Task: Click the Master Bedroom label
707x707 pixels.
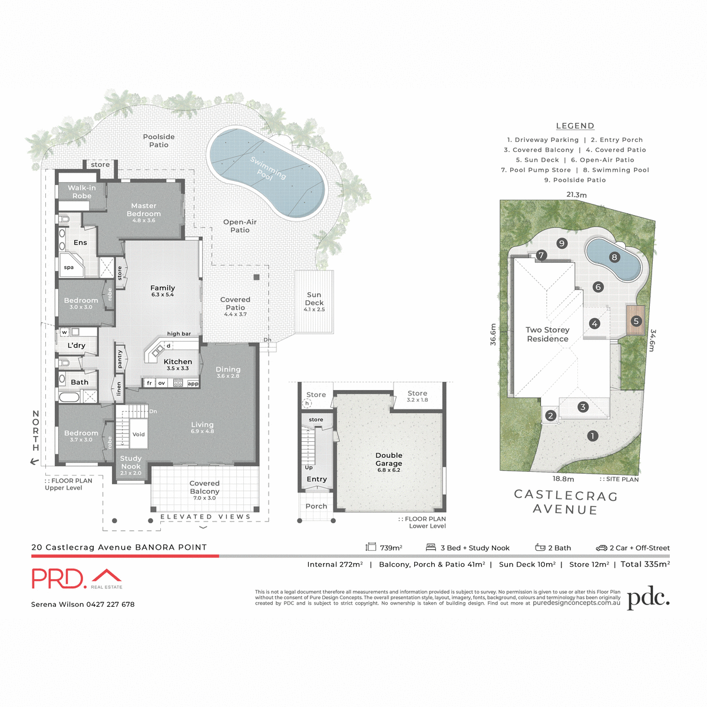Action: pyautogui.click(x=144, y=210)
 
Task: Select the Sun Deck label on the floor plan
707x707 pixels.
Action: pyautogui.click(x=314, y=299)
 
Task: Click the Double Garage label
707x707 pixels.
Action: pyautogui.click(x=389, y=459)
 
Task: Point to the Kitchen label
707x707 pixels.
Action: pyautogui.click(x=177, y=362)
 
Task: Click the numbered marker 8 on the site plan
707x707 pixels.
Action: pyautogui.click(x=615, y=257)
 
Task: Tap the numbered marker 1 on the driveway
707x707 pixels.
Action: pyautogui.click(x=592, y=436)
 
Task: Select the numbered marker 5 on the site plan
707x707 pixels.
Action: pyautogui.click(x=636, y=321)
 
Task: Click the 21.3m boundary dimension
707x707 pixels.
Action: pyautogui.click(x=576, y=194)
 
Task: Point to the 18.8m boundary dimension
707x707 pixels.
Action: pyautogui.click(x=563, y=479)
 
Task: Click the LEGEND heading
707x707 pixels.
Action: pyautogui.click(x=575, y=125)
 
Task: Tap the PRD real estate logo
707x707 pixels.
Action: pyautogui.click(x=77, y=579)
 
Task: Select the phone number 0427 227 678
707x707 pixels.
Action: pyautogui.click(x=110, y=604)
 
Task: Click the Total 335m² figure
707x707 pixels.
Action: pyautogui.click(x=645, y=564)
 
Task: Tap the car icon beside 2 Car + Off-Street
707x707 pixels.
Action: pyautogui.click(x=601, y=548)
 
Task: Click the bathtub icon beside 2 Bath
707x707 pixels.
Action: pyautogui.click(x=540, y=547)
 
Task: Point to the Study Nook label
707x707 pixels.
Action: pyautogui.click(x=131, y=462)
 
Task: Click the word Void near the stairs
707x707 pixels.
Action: pyautogui.click(x=138, y=434)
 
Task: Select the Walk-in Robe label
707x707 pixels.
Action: pyautogui.click(x=82, y=191)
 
